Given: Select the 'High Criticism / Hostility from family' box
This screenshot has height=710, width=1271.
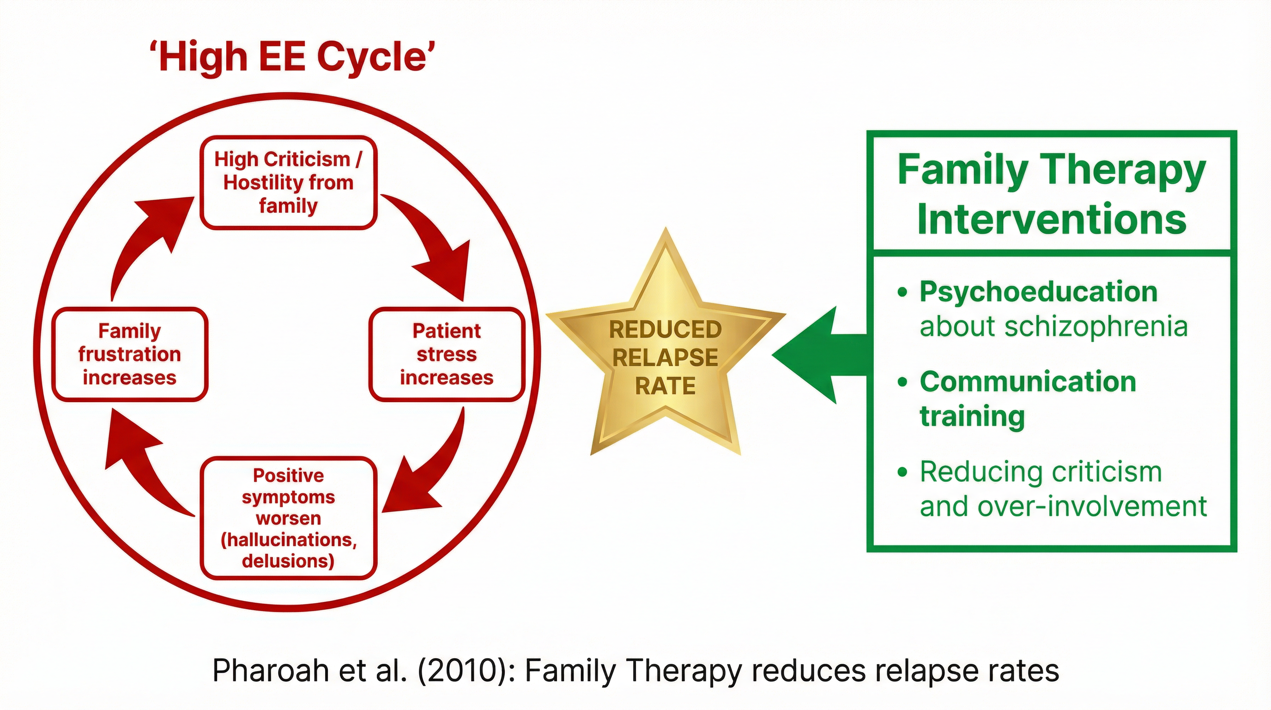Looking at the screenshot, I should coord(288,183).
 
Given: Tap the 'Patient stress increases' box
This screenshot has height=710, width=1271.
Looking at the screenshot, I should coord(447,354).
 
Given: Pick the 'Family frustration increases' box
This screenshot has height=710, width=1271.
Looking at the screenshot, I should coord(130,354).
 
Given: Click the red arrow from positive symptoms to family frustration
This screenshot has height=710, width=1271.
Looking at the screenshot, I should coord(143,469).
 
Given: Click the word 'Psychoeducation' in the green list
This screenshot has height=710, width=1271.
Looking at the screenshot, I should coord(1038,292).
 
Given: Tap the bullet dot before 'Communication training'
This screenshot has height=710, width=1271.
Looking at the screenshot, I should coord(902,382).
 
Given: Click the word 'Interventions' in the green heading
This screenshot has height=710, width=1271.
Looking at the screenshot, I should coord(1052,219).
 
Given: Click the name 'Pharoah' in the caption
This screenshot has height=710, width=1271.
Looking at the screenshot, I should coord(270,671).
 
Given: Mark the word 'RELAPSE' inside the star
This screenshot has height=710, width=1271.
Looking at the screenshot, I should coord(665,357).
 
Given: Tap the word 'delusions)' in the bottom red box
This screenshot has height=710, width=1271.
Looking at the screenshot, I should coord(288,561).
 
